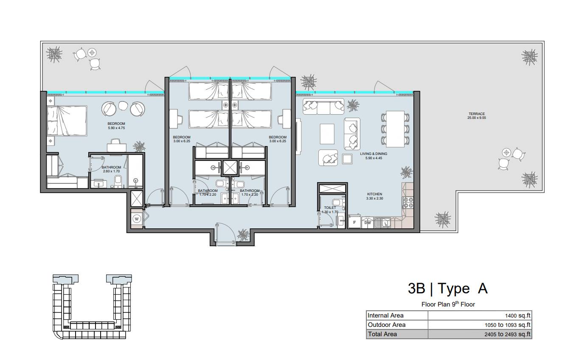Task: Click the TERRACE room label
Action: tap(477, 114)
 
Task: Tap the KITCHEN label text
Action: tap(374, 194)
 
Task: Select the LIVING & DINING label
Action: tap(374, 154)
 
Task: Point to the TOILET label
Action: tap(330, 208)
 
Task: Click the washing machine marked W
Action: tap(137, 219)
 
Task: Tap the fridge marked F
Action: tap(354, 222)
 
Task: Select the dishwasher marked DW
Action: tap(367, 222)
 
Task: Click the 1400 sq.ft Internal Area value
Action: tap(517, 315)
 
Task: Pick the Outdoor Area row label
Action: tap(386, 325)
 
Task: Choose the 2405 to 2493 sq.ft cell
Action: tap(507, 334)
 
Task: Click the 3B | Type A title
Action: tap(448, 288)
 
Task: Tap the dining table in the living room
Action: tap(395, 129)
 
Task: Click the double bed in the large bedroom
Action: tap(67, 121)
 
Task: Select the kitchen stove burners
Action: tap(408, 202)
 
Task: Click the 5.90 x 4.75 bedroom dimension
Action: tap(116, 128)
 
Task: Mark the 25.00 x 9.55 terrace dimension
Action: tap(477, 118)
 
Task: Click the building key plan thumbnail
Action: tap(92, 307)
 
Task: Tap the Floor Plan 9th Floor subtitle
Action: tap(448, 304)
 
